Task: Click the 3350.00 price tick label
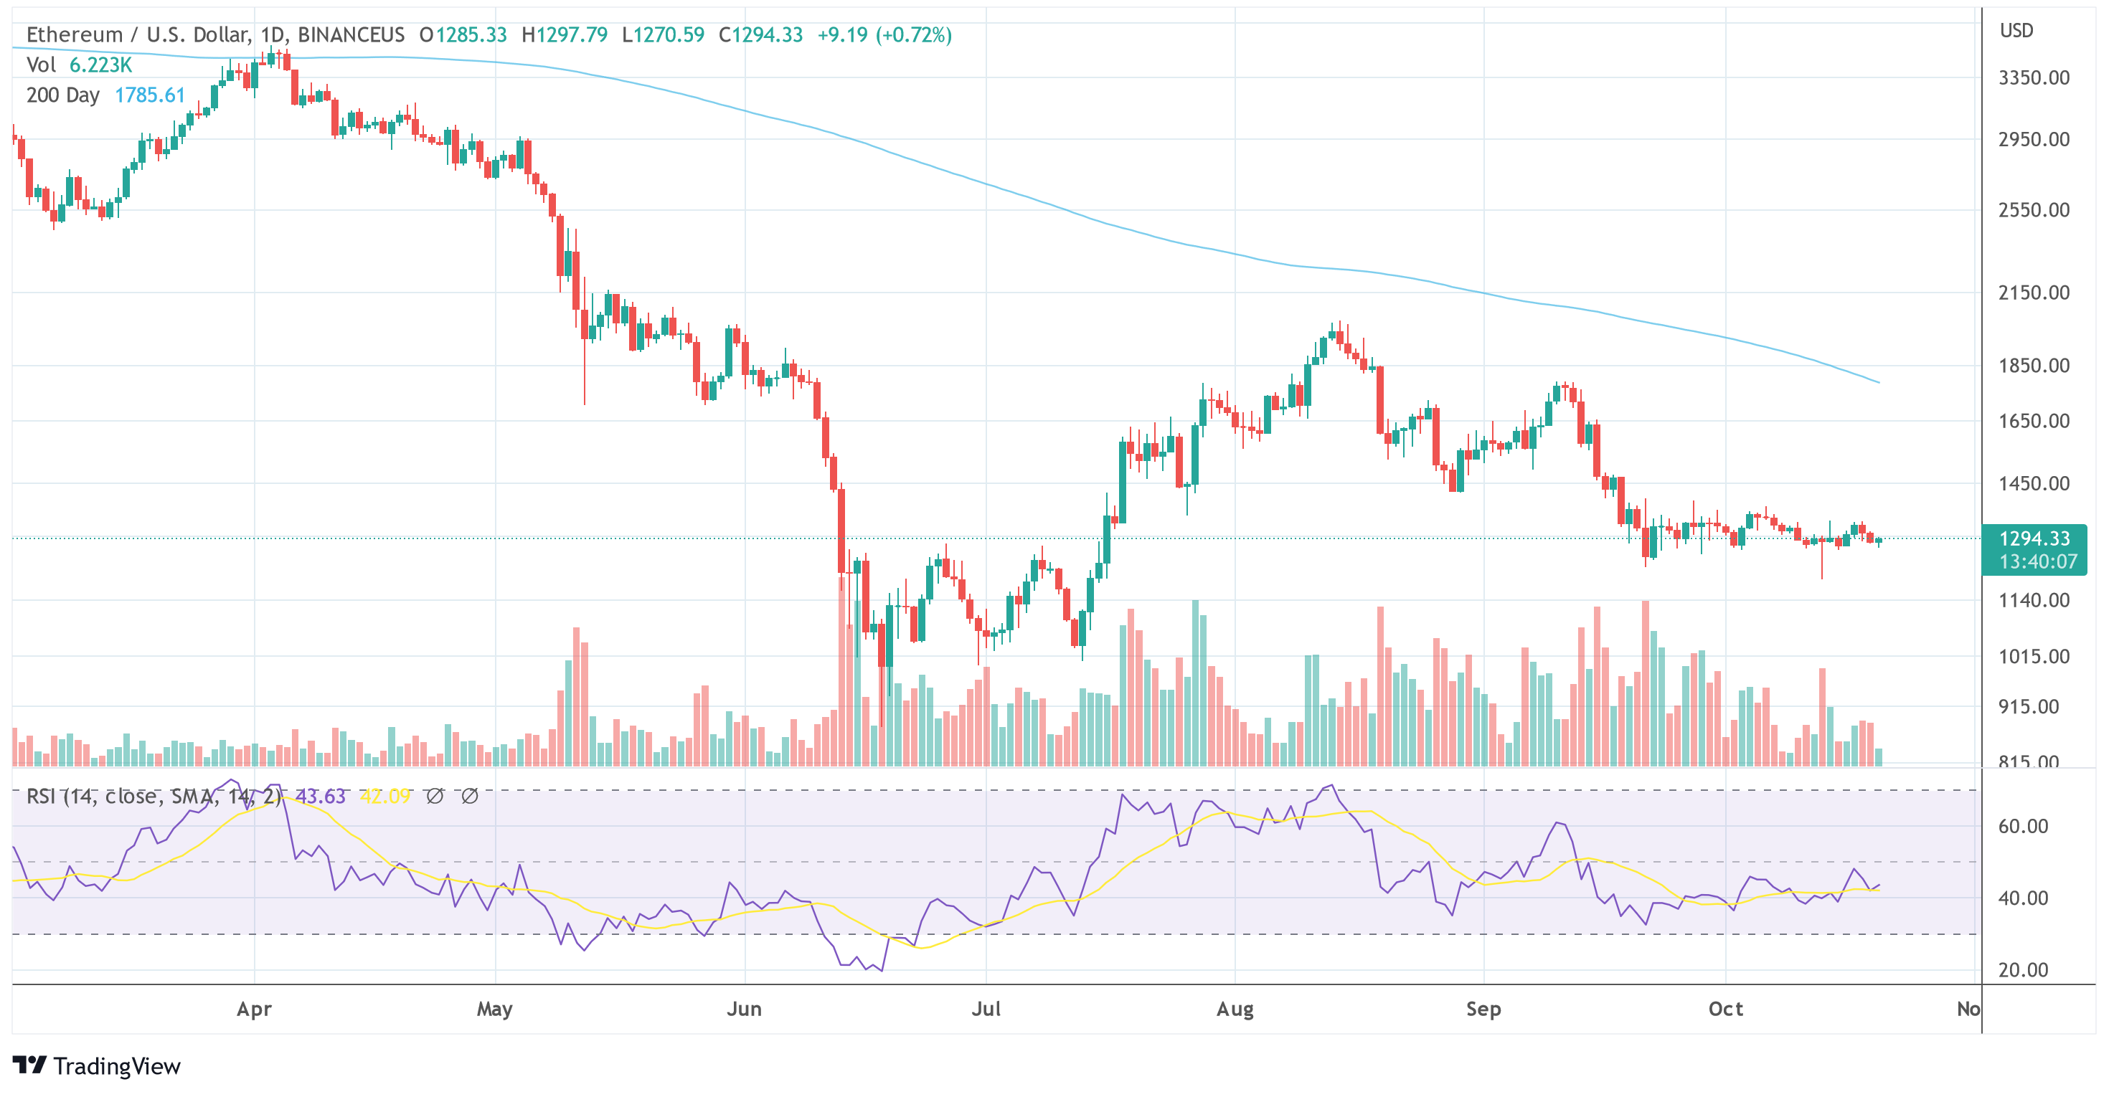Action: [2034, 78]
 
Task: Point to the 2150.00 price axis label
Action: [2034, 293]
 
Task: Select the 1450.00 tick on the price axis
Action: [2034, 483]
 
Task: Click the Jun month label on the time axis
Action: [743, 1010]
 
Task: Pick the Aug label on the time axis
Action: [1235, 1010]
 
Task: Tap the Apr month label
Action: [254, 1010]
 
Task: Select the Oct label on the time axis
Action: [1725, 1010]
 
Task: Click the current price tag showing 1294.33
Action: [2034, 538]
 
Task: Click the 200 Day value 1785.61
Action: [150, 95]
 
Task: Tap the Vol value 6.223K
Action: [100, 65]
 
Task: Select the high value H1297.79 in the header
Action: [565, 34]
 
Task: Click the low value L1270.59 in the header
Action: [663, 34]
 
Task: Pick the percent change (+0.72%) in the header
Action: [913, 34]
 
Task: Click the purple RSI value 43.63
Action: [320, 796]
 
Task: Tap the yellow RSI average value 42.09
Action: [385, 796]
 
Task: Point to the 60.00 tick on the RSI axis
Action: [2023, 826]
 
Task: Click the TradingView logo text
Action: [116, 1066]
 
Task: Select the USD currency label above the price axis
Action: [2016, 30]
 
